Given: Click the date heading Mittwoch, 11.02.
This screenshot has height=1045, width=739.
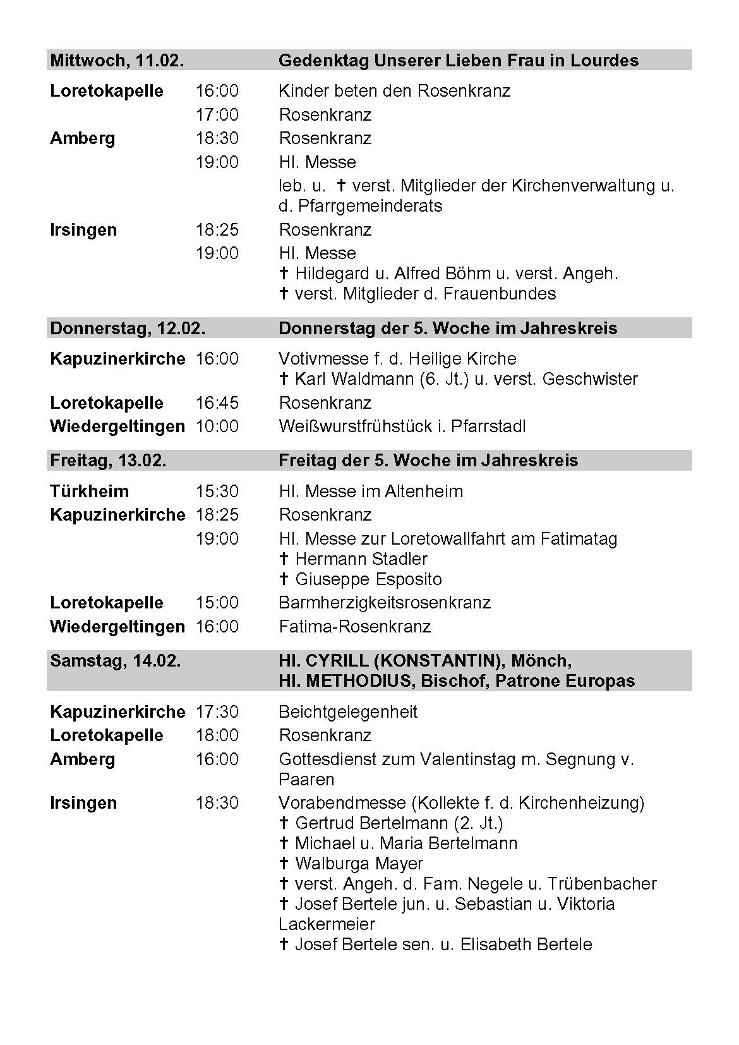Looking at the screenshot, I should pyautogui.click(x=117, y=61).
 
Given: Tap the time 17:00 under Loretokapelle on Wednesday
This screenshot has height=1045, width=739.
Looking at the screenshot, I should pyautogui.click(x=217, y=115).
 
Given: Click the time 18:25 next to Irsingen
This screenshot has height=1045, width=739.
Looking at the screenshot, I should pyautogui.click(x=217, y=229).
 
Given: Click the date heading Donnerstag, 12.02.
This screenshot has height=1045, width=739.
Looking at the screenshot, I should pyautogui.click(x=128, y=329).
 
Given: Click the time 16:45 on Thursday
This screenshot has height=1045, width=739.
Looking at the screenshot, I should pyautogui.click(x=217, y=403).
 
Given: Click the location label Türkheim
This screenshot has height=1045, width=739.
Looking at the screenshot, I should pyautogui.click(x=89, y=492).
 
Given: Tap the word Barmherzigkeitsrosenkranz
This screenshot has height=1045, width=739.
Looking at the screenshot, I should pyautogui.click(x=385, y=603).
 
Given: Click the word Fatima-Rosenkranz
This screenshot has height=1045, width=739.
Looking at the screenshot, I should pyautogui.click(x=354, y=627).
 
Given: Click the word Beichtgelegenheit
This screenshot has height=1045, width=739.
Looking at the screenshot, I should pyautogui.click(x=348, y=712).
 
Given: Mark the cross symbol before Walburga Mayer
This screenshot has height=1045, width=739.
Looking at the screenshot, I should pyautogui.click(x=284, y=864).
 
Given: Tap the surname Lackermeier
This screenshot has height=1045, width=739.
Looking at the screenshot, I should pyautogui.click(x=327, y=924).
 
